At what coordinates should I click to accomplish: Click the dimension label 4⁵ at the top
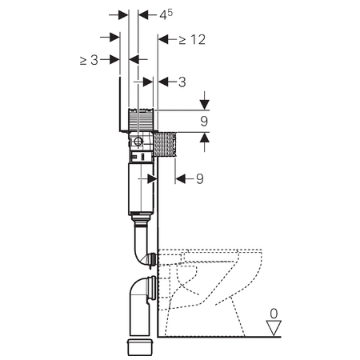pyautogui.click(x=166, y=14)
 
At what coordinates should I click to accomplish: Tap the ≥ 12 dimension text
pyautogui.click(x=192, y=40)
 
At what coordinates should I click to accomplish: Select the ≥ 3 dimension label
pyautogui.click(x=89, y=60)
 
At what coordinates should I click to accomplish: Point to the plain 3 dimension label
pyautogui.click(x=182, y=82)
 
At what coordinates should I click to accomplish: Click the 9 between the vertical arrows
pyautogui.click(x=204, y=122)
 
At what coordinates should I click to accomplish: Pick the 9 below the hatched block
pyautogui.click(x=200, y=178)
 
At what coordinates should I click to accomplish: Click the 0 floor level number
pyautogui.click(x=274, y=314)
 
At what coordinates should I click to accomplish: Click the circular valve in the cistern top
pyautogui.click(x=138, y=141)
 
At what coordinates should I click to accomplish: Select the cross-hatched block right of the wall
pyautogui.click(x=166, y=144)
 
